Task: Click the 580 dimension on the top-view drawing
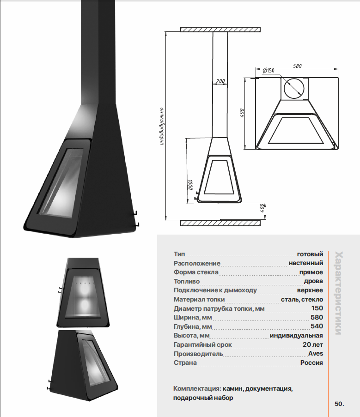click(x=297, y=66)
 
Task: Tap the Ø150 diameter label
click(x=268, y=71)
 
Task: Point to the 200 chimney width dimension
click(x=220, y=81)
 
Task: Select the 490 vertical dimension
click(x=242, y=113)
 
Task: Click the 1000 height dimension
click(x=190, y=185)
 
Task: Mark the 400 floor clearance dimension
click(x=262, y=208)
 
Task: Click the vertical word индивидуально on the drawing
click(x=161, y=127)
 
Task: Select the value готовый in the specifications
click(x=310, y=254)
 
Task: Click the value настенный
click(x=306, y=263)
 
